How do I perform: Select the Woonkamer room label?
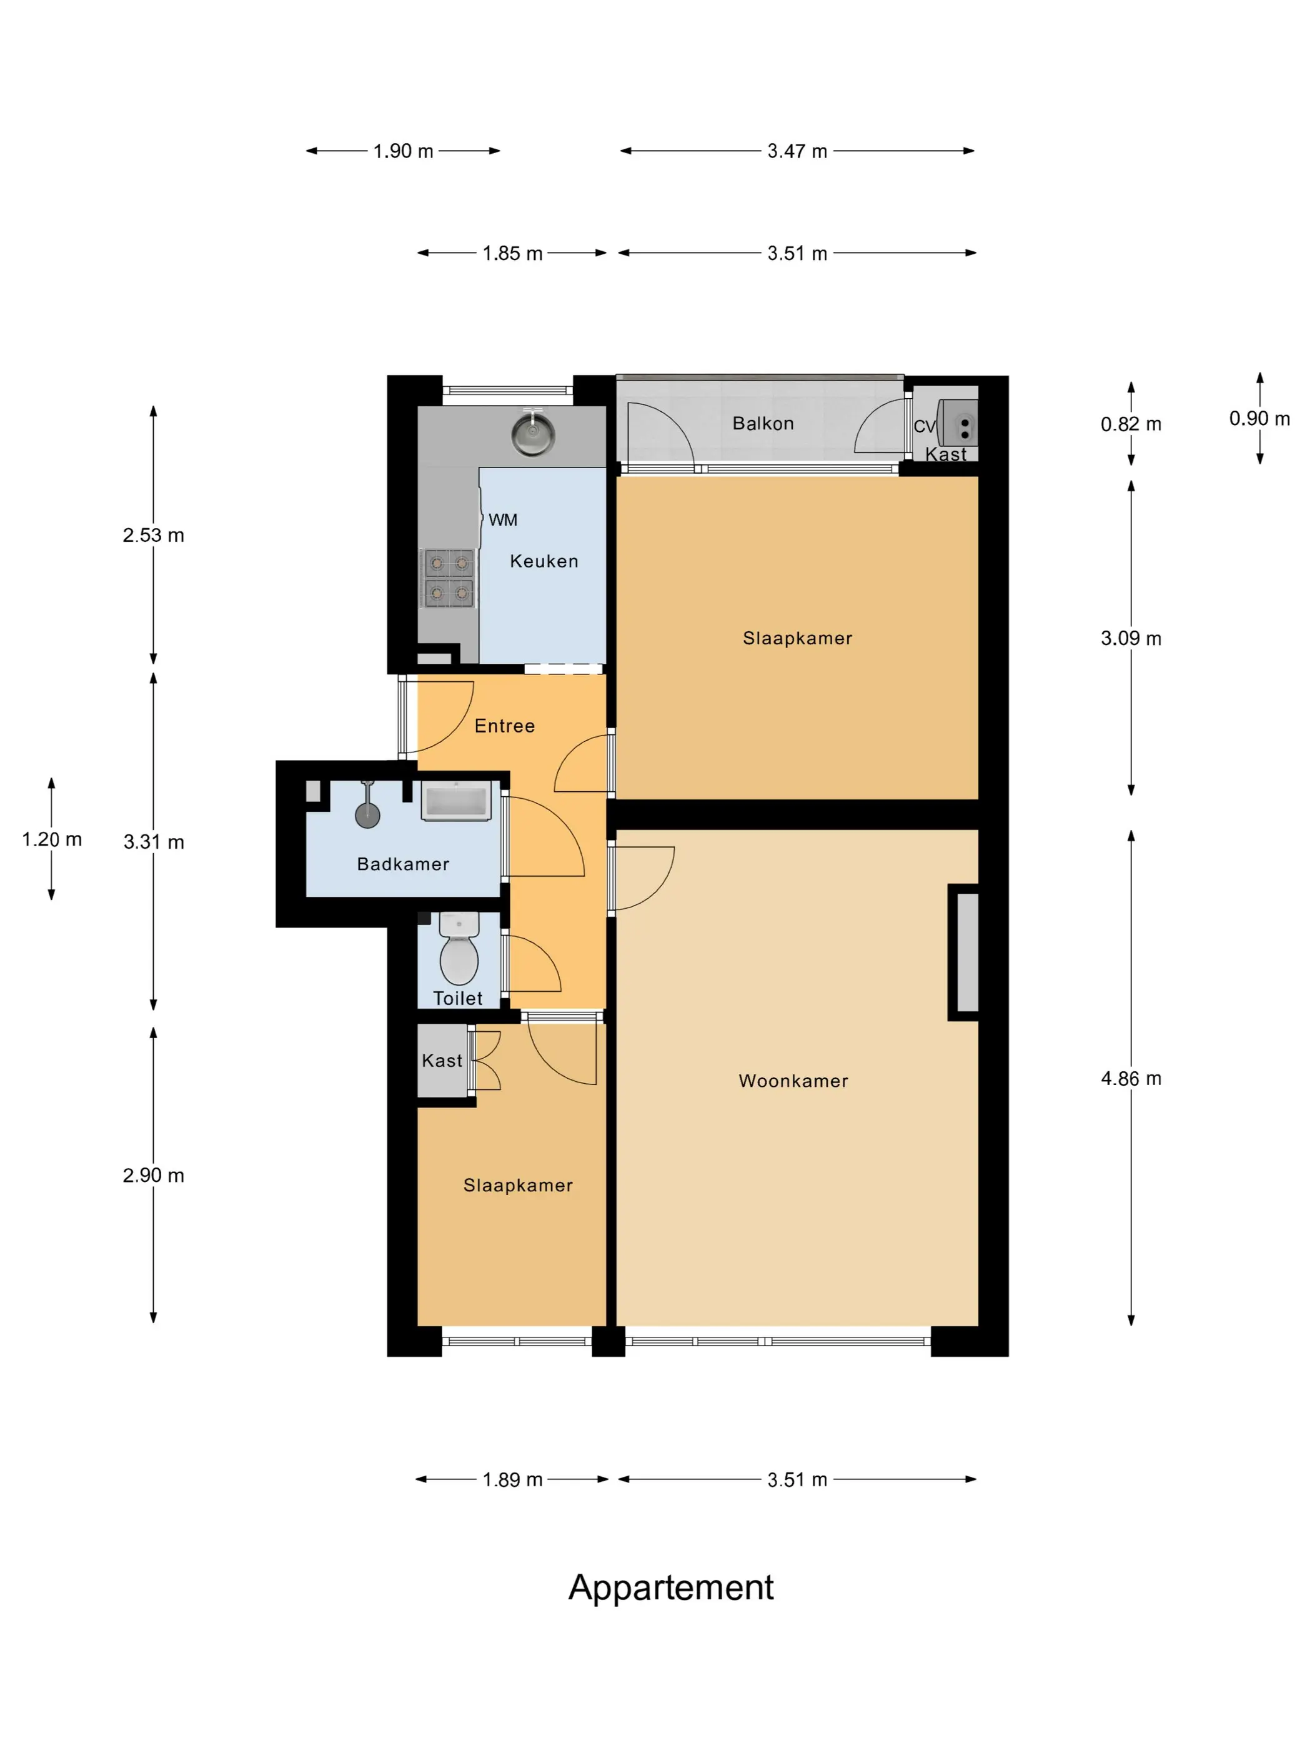coord(793,1081)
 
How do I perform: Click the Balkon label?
coord(762,423)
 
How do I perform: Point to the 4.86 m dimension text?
coord(1131,1078)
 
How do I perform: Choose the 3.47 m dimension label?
coord(797,151)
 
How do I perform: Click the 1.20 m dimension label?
coord(51,839)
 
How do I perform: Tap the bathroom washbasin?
coord(456,801)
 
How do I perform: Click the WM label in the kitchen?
coord(503,520)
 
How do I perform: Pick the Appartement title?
coord(670,1588)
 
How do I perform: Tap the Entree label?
coord(505,726)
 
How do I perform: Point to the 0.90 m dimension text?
coord(1259,419)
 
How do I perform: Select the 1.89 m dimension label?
coord(512,1479)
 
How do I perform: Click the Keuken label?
coord(544,561)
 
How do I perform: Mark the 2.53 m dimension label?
coord(154,535)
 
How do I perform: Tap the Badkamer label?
coord(404,864)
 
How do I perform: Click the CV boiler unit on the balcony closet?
coord(958,422)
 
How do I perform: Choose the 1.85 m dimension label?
coord(512,253)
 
